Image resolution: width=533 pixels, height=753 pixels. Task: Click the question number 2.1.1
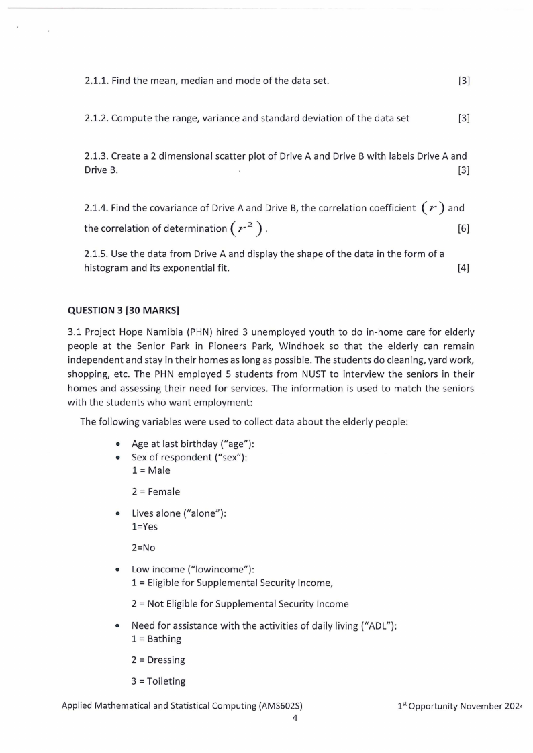(x=96, y=81)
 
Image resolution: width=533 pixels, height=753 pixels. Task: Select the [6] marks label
(x=463, y=229)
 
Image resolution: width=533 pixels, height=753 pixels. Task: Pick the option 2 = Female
(x=156, y=492)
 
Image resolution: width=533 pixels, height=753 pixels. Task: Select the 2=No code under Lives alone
(x=144, y=548)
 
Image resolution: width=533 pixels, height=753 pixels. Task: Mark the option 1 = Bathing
(x=156, y=638)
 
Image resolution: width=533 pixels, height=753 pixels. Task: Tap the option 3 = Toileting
(x=158, y=681)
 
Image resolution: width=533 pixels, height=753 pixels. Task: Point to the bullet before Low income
(x=118, y=570)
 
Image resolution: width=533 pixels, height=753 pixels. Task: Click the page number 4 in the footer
(x=295, y=717)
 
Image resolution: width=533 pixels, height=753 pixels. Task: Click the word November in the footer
(x=479, y=705)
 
